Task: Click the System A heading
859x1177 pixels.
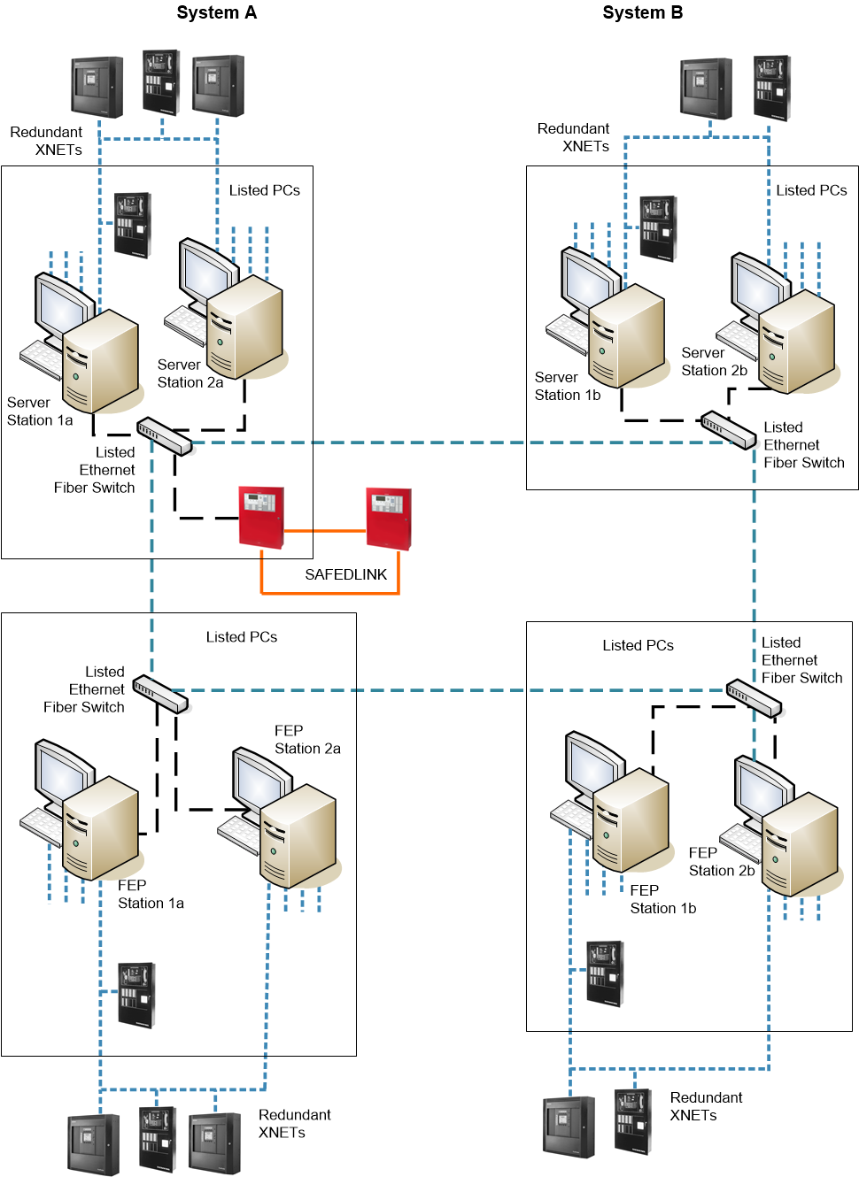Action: click(216, 12)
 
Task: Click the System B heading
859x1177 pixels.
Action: click(642, 12)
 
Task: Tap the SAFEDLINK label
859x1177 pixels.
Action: click(345, 574)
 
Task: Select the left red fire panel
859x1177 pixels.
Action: click(261, 516)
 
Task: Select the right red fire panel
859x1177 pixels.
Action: click(389, 518)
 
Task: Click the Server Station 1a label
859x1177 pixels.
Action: click(39, 412)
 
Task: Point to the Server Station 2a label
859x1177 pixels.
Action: click(190, 373)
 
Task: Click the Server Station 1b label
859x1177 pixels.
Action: click(567, 386)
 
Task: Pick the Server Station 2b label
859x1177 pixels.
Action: click(714, 361)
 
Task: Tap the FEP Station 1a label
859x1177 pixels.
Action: click(151, 894)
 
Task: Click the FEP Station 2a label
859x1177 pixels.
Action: click(306, 739)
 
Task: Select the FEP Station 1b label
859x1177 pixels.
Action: click(662, 899)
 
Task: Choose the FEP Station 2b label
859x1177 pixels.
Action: click(721, 861)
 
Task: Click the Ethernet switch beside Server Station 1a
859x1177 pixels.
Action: click(164, 435)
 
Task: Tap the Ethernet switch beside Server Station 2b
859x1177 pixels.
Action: click(728, 429)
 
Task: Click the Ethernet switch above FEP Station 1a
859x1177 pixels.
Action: click(160, 694)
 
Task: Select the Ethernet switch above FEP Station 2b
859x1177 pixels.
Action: click(754, 698)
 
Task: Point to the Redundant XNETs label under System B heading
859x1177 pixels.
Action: click(573, 137)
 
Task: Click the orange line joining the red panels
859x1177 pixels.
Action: click(324, 531)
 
